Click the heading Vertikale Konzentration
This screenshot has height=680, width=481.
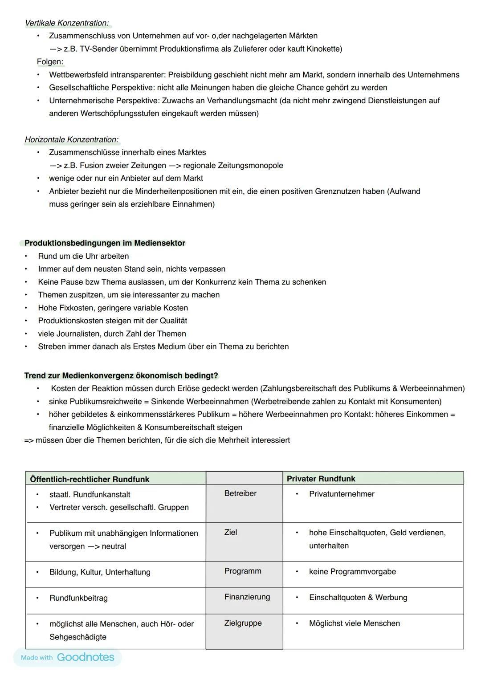(x=67, y=23)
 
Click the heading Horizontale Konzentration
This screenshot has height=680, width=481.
(x=71, y=139)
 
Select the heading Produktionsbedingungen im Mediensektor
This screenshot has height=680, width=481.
(x=105, y=243)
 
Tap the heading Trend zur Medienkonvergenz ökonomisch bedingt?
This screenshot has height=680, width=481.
(x=121, y=375)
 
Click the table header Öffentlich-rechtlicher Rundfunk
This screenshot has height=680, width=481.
(x=90, y=479)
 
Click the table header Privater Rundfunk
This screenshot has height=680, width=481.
(x=321, y=479)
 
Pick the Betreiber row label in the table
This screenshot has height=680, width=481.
(x=240, y=493)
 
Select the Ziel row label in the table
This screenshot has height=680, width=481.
(x=231, y=532)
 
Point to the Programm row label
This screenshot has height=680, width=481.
(x=243, y=571)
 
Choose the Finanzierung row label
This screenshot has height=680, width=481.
(x=247, y=597)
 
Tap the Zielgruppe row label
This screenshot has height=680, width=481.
(x=243, y=623)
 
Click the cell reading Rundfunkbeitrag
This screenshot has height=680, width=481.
(x=78, y=598)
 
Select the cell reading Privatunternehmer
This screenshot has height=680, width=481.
(x=342, y=494)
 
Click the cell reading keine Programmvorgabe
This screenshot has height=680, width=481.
(x=352, y=571)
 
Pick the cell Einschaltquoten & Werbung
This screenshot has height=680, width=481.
(x=358, y=597)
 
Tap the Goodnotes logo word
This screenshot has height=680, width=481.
(x=86, y=657)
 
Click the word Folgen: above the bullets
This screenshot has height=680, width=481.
(x=50, y=61)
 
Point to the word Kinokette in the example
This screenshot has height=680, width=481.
(x=322, y=49)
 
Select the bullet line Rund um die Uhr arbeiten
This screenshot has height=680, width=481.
(x=83, y=256)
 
